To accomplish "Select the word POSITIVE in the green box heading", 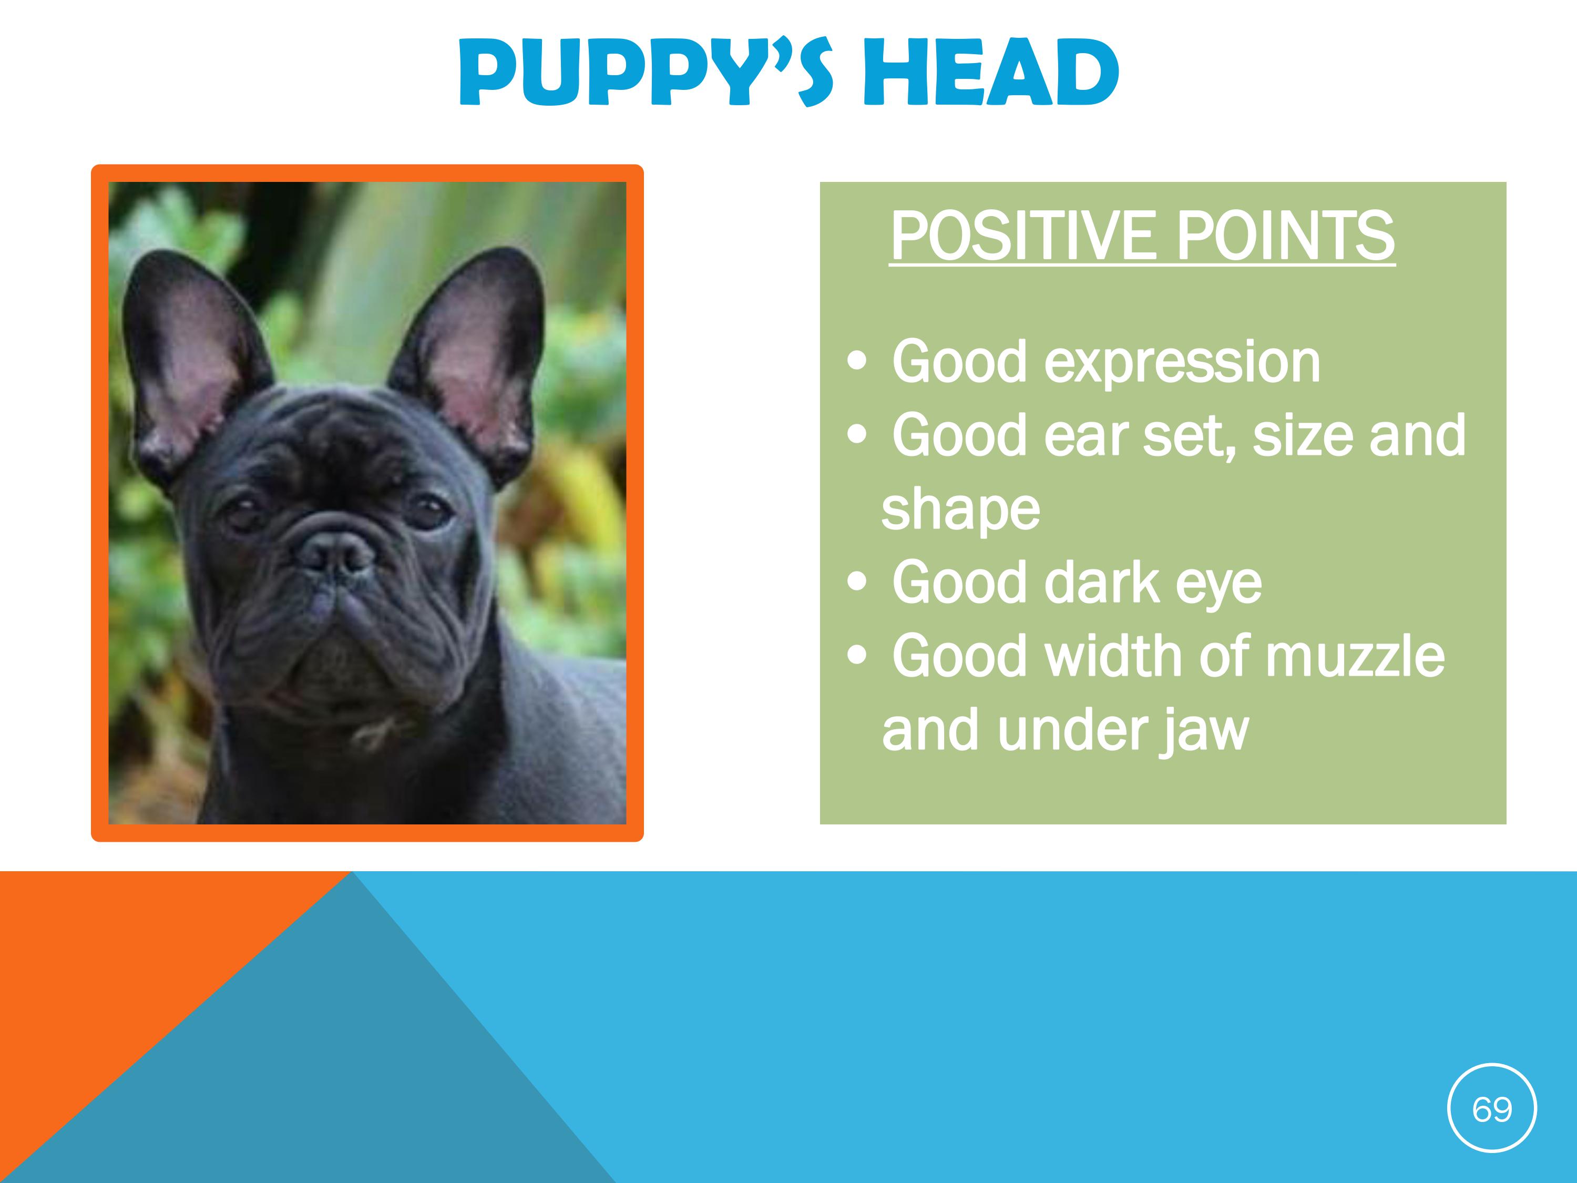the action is [x=1022, y=236].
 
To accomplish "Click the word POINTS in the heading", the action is [x=1285, y=236].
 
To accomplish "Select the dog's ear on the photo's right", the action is [x=470, y=360].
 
